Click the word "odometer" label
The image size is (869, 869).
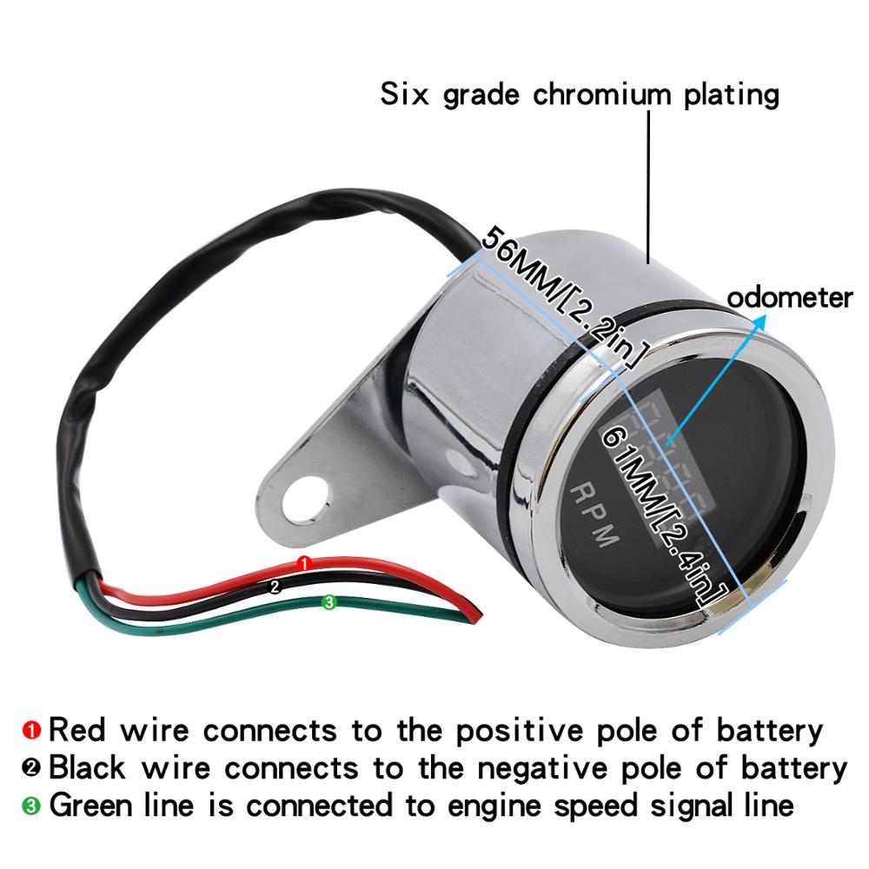[x=789, y=298]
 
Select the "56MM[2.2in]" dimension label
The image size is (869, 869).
[x=565, y=296]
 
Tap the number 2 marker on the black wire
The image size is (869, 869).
[x=275, y=587]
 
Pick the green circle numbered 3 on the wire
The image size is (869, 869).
[x=328, y=601]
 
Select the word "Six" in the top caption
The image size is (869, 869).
[x=405, y=94]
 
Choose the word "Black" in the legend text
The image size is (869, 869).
[x=88, y=767]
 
